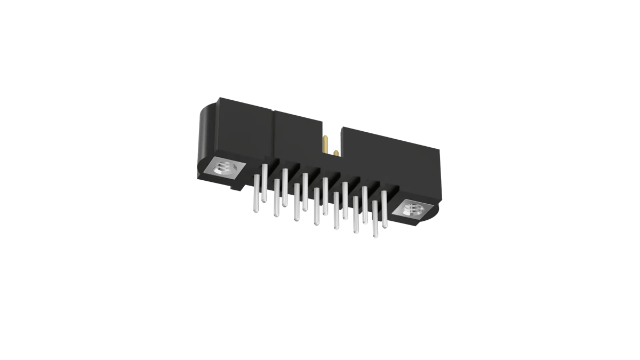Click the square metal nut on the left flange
223,169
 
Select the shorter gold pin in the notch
336,154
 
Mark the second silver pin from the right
375,219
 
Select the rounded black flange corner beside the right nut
429,218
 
